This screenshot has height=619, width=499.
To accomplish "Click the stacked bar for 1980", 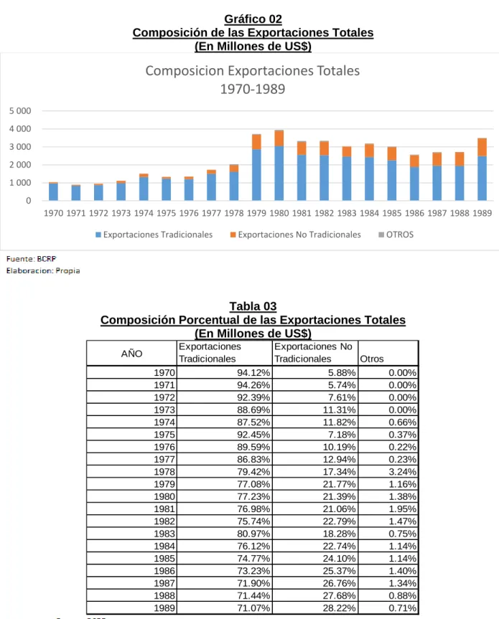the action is click(279, 165).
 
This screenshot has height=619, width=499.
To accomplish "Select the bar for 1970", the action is click(53, 192).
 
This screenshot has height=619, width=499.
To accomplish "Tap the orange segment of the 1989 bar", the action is click(482, 147).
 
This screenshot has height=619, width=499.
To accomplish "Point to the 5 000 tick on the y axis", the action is click(20, 111).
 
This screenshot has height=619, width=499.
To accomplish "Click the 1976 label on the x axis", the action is click(189, 213).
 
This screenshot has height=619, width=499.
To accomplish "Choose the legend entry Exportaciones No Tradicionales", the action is click(296, 235).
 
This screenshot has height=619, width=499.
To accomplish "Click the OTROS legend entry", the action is click(396, 235).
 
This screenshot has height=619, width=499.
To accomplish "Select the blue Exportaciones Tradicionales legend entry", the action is click(154, 235).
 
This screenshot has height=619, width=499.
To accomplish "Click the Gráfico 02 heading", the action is click(253, 19).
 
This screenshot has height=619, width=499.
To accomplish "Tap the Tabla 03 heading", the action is click(253, 306).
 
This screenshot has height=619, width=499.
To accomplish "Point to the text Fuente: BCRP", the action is click(31, 259).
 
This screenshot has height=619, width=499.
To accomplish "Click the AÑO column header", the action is click(131, 354).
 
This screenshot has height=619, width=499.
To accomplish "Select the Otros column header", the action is click(372, 359).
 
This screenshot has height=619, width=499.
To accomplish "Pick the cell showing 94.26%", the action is click(253, 385).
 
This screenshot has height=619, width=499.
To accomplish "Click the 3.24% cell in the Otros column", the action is click(402, 472).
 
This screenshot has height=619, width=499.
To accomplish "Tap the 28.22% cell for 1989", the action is click(339, 608).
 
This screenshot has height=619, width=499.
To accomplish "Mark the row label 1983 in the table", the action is click(164, 534).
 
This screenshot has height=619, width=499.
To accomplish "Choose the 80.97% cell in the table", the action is click(253, 534).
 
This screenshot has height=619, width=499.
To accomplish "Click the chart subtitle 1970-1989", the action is click(253, 89).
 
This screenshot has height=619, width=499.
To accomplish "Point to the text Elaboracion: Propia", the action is click(43, 271).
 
